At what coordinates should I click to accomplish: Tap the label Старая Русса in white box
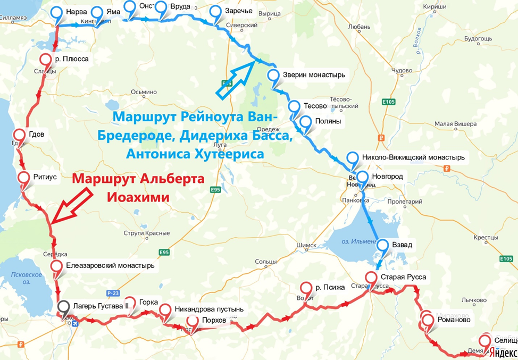(404, 277)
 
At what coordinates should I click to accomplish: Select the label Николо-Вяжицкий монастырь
(413, 157)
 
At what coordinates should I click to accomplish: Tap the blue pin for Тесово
(294, 107)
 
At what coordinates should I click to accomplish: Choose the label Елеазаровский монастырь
(110, 265)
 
